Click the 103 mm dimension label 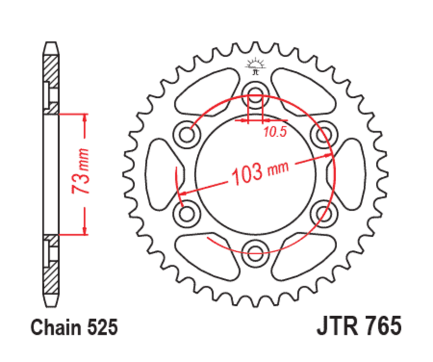pyautogui.click(x=260, y=173)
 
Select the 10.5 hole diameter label pyautogui.click(x=275, y=131)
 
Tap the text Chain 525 pyautogui.click(x=74, y=328)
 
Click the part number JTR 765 pyautogui.click(x=358, y=327)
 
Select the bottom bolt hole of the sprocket pyautogui.click(x=255, y=248)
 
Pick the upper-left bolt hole pyautogui.click(x=188, y=133)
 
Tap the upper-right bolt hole pyautogui.click(x=322, y=133)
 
